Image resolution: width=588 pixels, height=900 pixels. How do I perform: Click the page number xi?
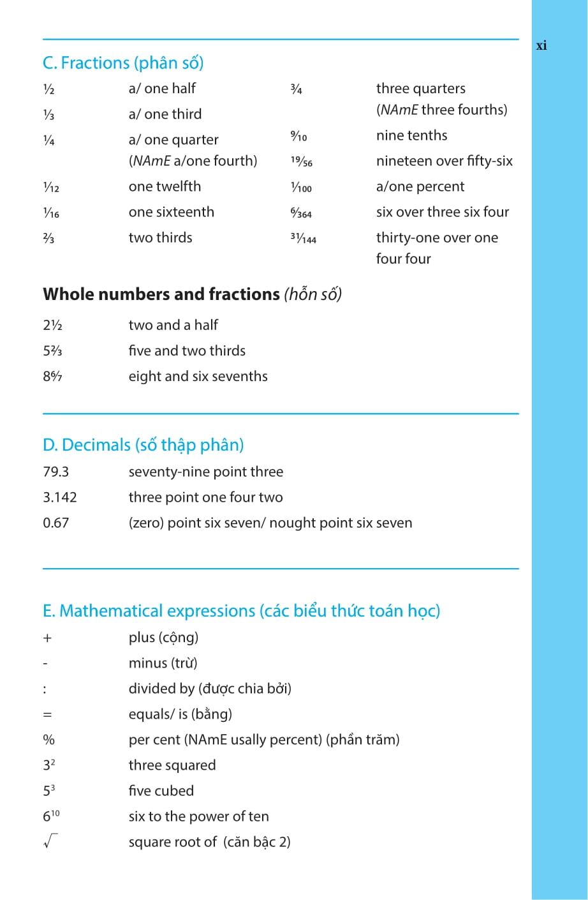[541, 45]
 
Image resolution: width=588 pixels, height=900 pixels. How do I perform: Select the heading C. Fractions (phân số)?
[123, 63]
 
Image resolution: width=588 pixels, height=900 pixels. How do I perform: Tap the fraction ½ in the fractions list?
[48, 89]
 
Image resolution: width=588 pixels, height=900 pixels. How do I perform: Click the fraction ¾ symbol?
[296, 89]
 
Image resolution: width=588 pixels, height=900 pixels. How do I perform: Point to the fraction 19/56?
[302, 161]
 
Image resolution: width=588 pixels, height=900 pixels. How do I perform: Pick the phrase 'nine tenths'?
[411, 135]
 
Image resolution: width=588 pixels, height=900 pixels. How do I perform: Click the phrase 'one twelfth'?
[165, 186]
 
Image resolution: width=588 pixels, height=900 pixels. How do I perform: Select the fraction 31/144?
[303, 238]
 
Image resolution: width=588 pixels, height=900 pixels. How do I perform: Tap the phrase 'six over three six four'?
[443, 212]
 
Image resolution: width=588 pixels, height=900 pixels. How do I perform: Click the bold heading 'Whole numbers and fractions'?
[161, 294]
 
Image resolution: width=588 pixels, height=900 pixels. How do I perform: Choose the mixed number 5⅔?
[52, 351]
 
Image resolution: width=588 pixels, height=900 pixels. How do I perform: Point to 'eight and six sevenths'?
[198, 377]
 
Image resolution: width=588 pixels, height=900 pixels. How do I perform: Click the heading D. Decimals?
[143, 445]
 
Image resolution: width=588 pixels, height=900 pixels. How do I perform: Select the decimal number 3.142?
[60, 497]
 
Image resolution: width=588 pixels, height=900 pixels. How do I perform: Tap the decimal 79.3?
[56, 472]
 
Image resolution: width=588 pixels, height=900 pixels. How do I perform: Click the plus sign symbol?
[47, 638]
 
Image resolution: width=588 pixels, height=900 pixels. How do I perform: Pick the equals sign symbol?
[47, 715]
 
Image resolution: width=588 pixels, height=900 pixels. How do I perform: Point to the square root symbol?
[50, 841]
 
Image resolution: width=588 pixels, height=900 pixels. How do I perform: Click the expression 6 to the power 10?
[51, 816]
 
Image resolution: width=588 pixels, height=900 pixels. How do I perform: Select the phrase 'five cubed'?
[161, 791]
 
